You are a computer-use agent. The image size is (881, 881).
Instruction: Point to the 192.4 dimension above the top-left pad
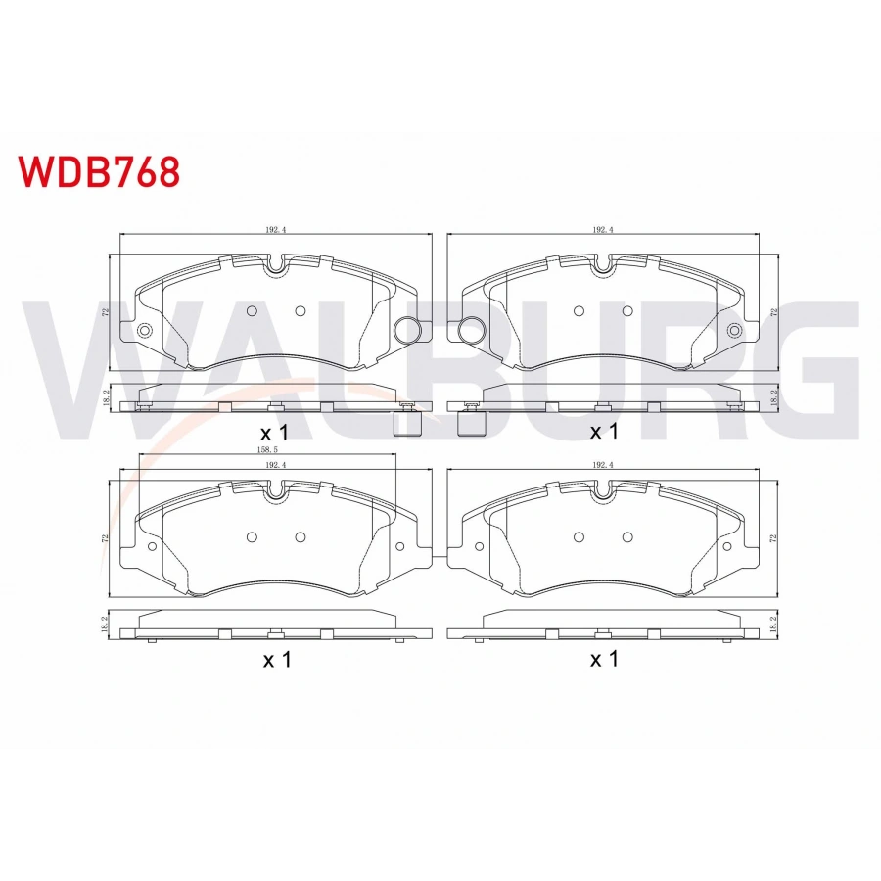tap(274, 230)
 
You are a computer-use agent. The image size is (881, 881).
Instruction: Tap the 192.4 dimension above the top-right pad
tap(603, 230)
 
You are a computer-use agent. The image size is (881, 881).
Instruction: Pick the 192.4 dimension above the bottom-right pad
tap(603, 466)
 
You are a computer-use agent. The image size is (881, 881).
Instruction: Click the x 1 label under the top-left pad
tap(277, 432)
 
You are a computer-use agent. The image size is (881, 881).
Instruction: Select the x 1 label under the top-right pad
tap(604, 432)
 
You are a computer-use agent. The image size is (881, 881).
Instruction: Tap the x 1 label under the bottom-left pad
tap(277, 660)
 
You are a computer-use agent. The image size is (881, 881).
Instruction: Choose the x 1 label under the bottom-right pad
tap(604, 660)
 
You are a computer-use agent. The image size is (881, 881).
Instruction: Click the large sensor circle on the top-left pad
tap(405, 330)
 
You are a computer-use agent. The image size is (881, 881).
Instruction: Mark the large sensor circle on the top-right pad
tap(472, 330)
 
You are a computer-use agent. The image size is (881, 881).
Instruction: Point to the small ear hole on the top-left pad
tap(145, 330)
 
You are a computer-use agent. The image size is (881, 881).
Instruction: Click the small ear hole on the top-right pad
tap(733, 330)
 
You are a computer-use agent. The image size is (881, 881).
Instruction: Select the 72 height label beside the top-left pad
tap(104, 312)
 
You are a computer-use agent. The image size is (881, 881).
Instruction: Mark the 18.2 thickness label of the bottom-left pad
tap(104, 625)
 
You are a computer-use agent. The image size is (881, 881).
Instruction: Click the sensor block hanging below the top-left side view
tap(405, 423)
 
